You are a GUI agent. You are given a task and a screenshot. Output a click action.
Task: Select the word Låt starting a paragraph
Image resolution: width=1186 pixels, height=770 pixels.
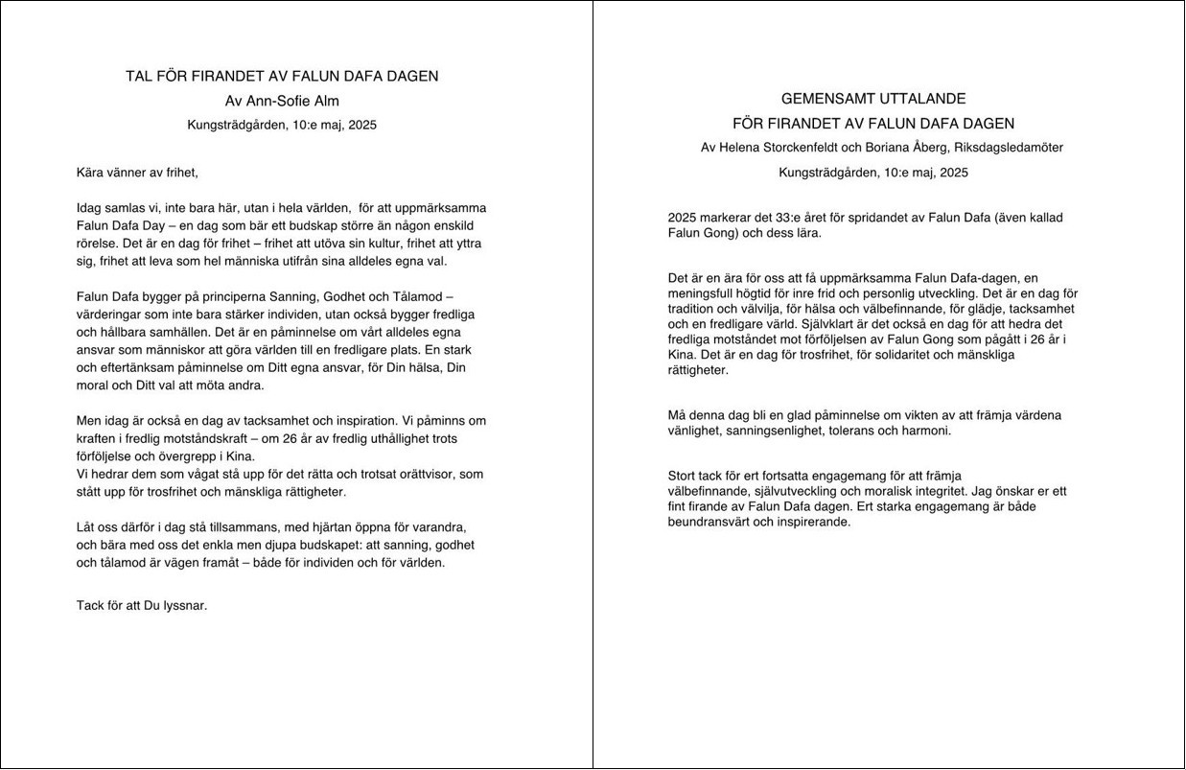(86, 527)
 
